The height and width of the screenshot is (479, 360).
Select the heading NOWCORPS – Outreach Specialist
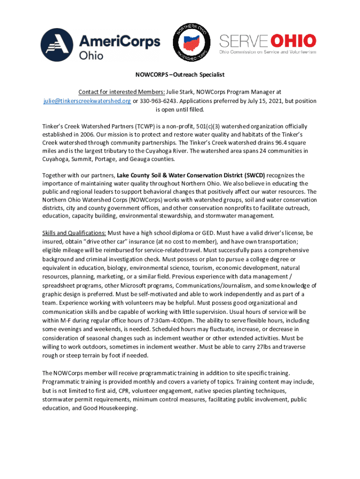pos(180,74)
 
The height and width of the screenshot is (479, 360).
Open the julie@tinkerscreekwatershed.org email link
pos(87,101)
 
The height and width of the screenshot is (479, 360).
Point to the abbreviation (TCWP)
pos(134,126)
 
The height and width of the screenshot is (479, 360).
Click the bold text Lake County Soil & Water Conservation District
pos(191,175)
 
